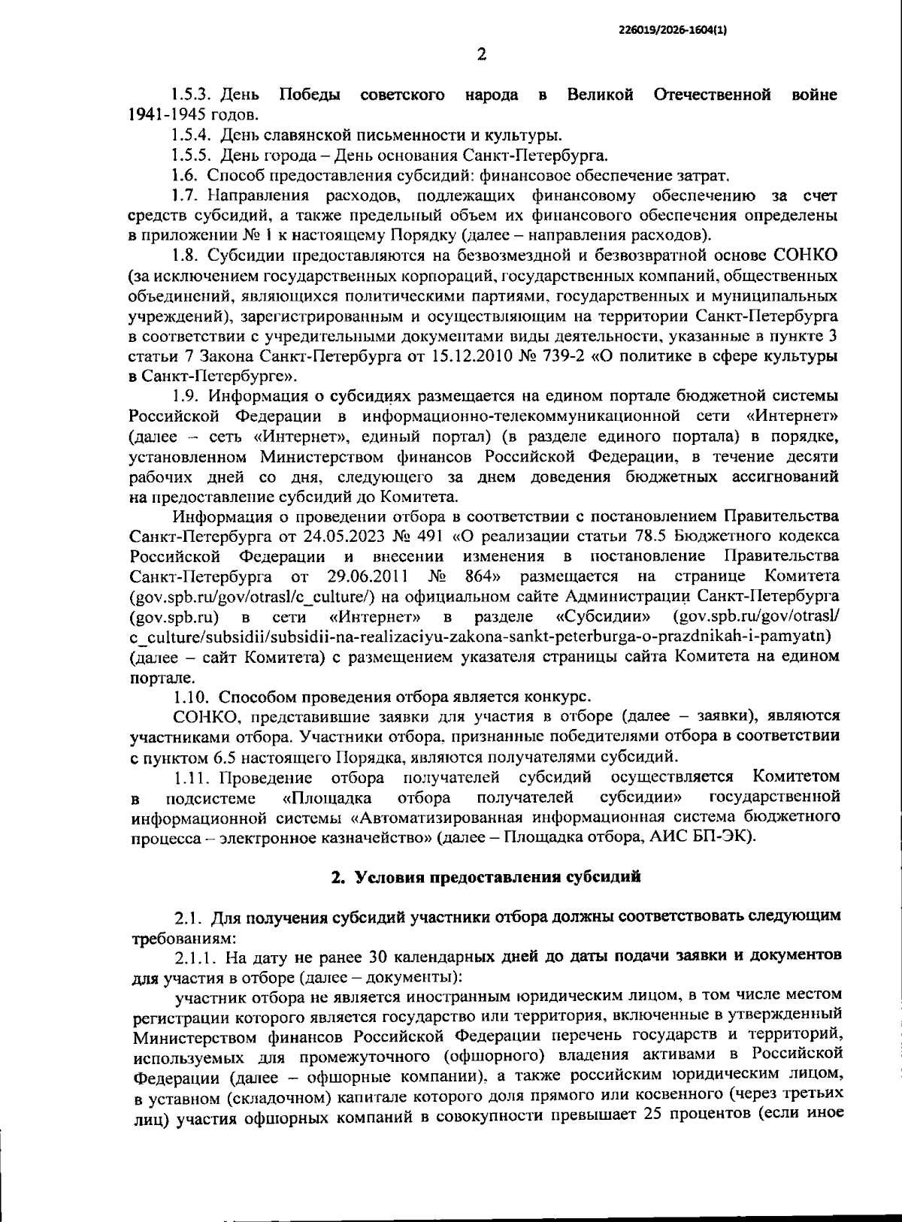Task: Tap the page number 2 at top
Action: [x=482, y=53]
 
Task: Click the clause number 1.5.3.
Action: [x=195, y=95]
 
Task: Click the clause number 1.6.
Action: [x=185, y=176]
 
